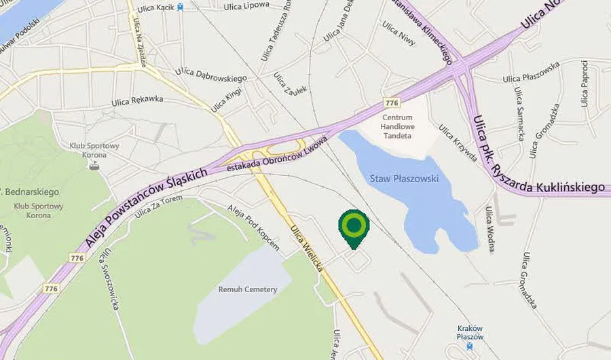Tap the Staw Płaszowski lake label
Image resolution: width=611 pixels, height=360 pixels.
point(405,179)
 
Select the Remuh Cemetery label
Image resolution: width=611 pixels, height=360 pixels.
point(248,289)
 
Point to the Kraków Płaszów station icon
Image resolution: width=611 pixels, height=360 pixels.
point(470,346)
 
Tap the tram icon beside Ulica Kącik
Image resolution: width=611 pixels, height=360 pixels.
point(180,7)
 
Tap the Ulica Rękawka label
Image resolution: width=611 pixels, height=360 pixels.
point(138,102)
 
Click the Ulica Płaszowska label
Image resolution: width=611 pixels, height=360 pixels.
point(532,73)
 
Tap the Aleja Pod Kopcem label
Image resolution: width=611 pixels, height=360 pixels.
point(254,227)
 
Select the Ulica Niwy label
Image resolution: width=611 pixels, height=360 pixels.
point(399,31)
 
